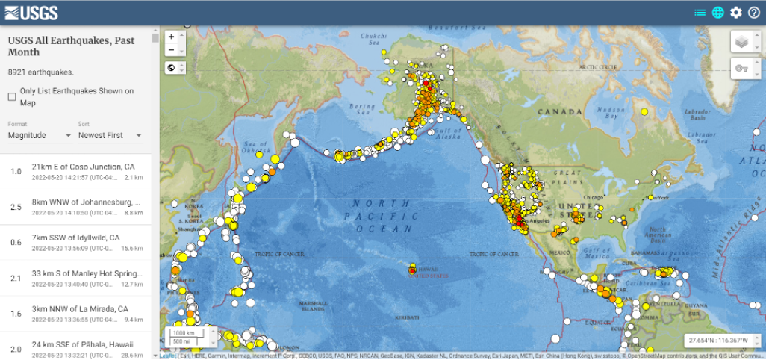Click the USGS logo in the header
[31, 12]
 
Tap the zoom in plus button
[172, 36]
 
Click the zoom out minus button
[172, 50]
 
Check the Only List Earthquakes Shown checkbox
[12, 97]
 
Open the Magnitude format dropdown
[40, 135]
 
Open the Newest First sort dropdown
[110, 135]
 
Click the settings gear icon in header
[736, 13]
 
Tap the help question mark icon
[754, 13]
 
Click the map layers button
[741, 42]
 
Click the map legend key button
[741, 69]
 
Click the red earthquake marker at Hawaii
[412, 270]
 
